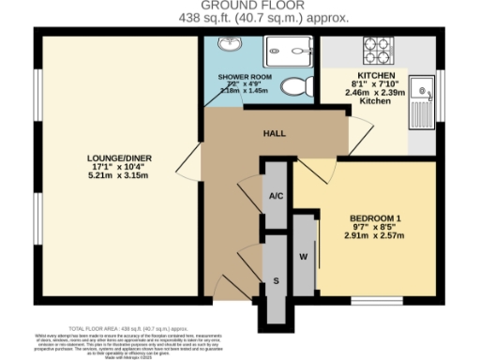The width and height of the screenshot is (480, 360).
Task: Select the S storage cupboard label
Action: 275,280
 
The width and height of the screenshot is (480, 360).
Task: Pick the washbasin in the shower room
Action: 228,48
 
